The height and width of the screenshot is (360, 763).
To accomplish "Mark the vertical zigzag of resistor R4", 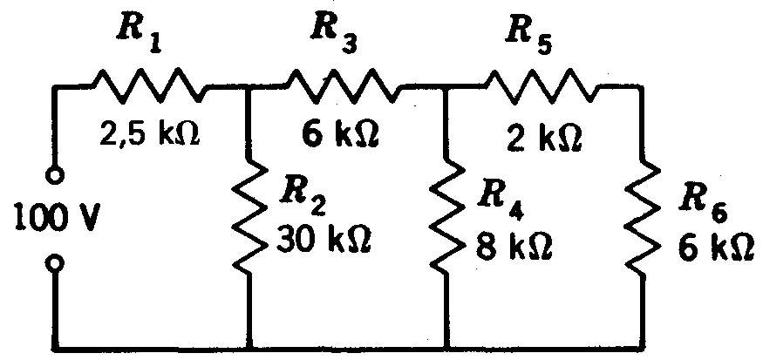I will pyautogui.click(x=446, y=218).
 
